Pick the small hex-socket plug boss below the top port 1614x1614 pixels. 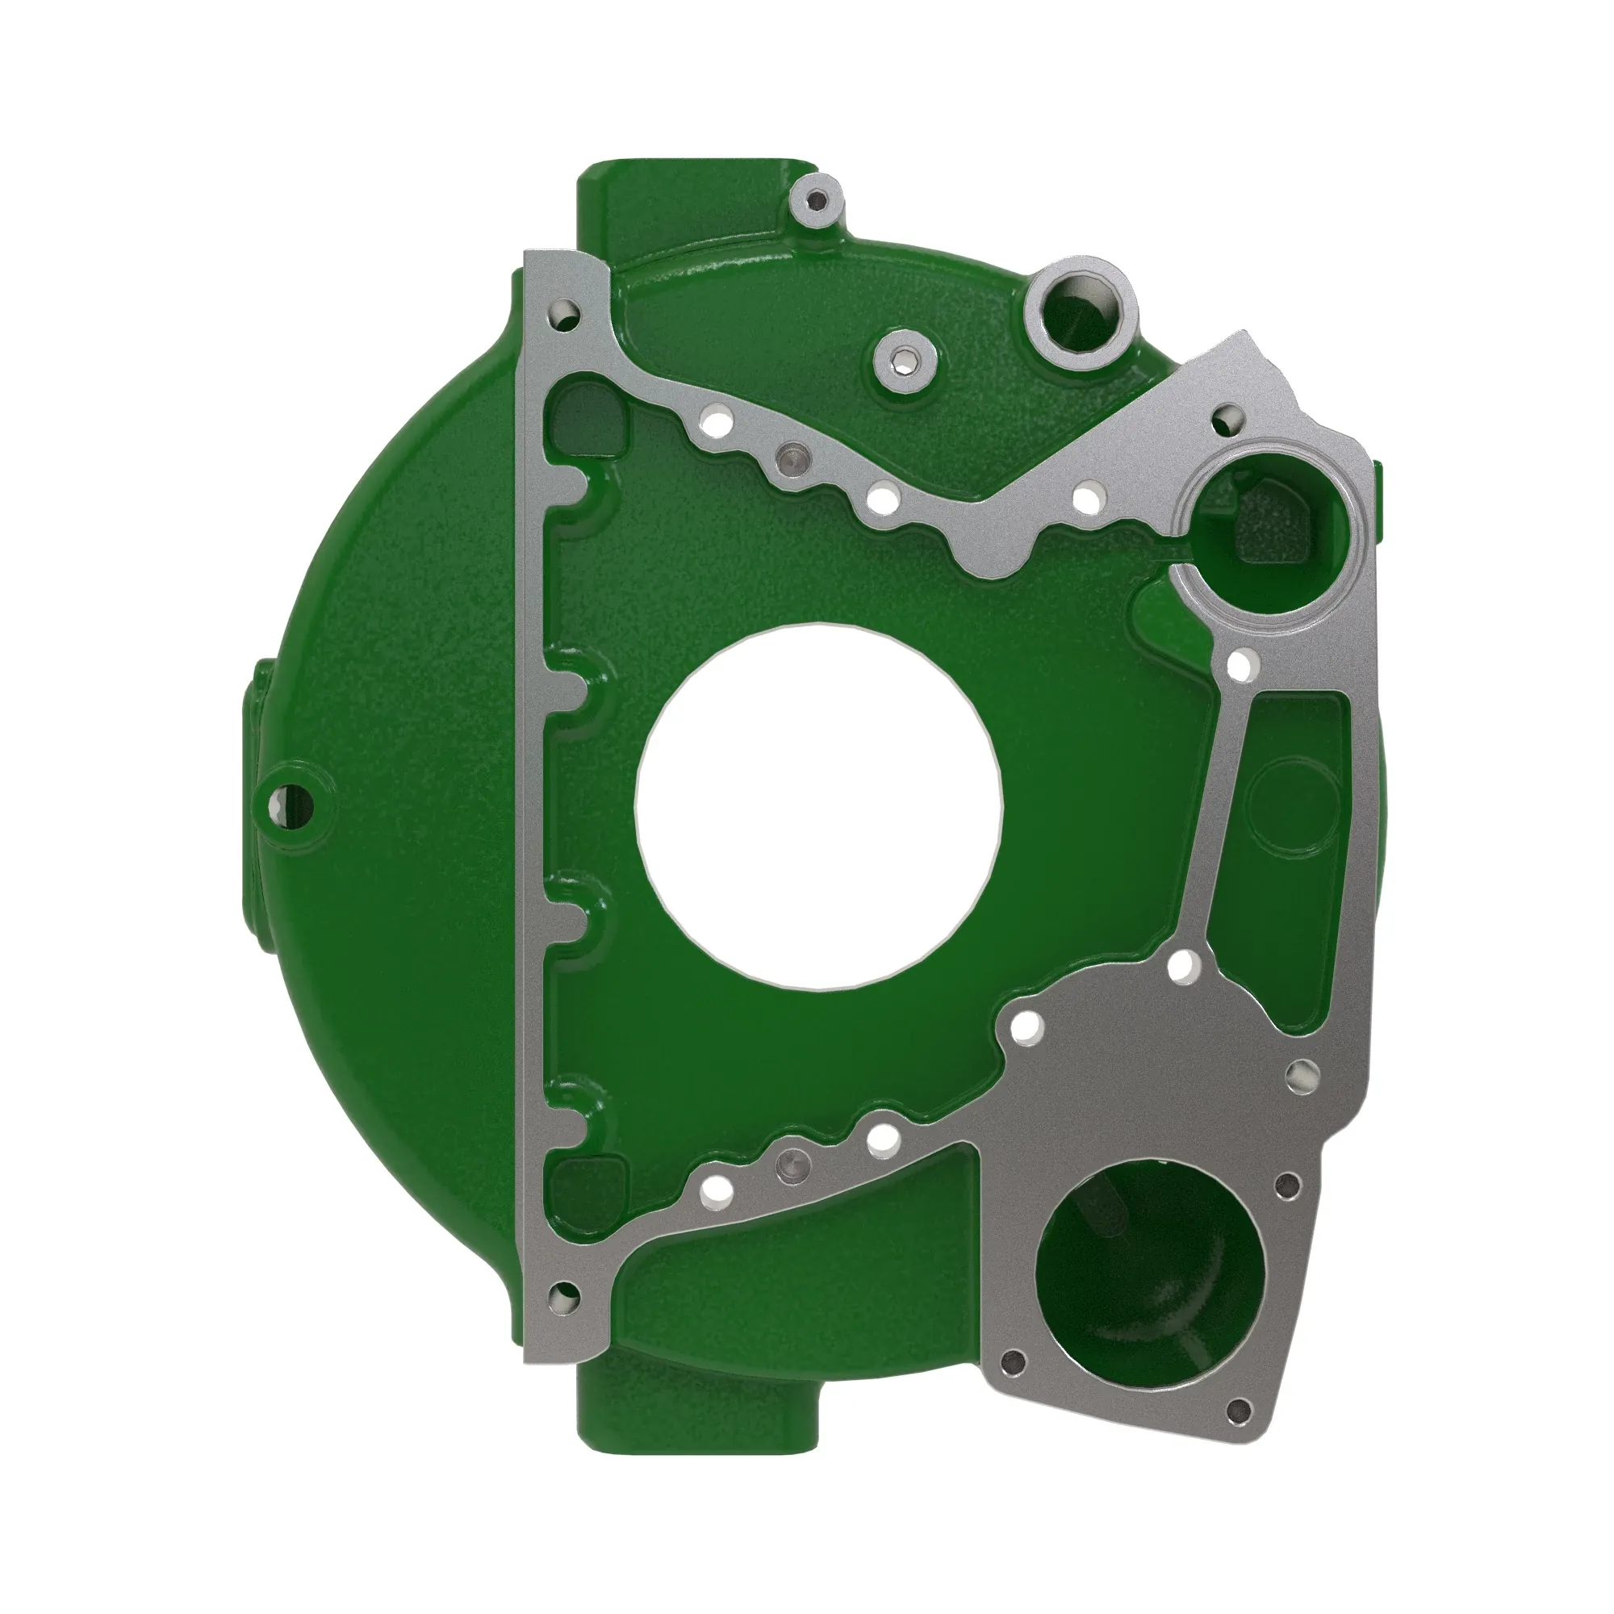click(x=905, y=364)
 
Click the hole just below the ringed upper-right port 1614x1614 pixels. click(x=1242, y=665)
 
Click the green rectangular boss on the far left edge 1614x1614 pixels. click(x=255, y=710)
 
